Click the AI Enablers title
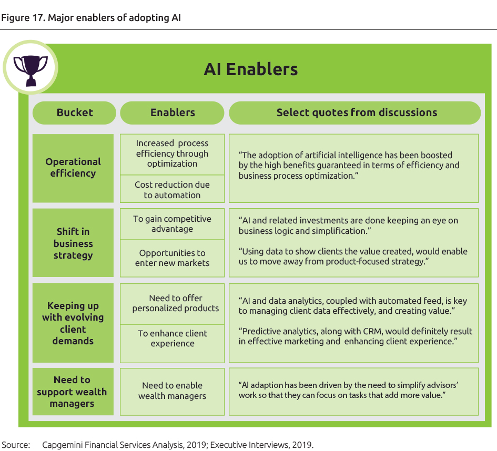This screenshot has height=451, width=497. [251, 69]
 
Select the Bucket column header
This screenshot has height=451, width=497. [74, 112]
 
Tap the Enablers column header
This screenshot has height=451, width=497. [173, 112]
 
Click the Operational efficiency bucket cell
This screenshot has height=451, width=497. [73, 168]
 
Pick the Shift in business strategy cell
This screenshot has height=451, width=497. [73, 243]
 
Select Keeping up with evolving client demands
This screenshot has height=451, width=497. [73, 323]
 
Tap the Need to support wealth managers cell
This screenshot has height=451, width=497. [73, 392]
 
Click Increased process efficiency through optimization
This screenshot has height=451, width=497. [173, 153]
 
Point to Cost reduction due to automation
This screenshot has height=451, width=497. [173, 190]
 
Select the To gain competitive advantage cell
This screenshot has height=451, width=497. [173, 224]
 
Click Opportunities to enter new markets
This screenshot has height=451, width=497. [173, 258]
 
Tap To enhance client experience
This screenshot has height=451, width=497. [173, 339]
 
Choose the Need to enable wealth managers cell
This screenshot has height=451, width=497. [173, 391]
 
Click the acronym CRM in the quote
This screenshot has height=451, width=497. [359, 332]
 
